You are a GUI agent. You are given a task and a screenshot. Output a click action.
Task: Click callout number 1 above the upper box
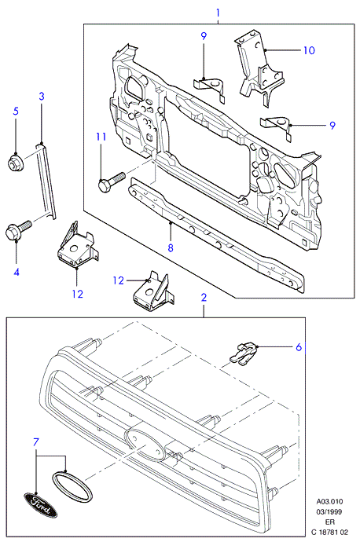219,13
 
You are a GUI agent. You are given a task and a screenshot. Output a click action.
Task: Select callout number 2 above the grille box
204,297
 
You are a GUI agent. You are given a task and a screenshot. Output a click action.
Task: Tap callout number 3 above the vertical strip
42,96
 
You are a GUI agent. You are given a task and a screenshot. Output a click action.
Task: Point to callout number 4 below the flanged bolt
17,272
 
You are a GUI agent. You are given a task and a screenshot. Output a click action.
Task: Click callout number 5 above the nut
16,112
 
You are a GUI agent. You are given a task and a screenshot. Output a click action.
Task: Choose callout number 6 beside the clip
299,346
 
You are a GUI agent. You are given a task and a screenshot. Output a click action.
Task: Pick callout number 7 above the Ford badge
36,442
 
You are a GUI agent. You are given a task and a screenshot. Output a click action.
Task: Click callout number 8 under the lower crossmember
170,248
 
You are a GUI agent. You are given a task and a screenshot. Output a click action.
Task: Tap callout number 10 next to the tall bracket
309,50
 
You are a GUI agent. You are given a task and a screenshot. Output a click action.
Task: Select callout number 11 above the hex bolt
101,137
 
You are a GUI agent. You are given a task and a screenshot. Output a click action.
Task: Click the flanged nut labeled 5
14,162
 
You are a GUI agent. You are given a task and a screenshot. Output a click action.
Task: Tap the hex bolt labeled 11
111,181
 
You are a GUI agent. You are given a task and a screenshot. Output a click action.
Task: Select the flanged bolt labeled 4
18,229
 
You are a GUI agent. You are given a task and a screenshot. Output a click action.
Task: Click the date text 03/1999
329,511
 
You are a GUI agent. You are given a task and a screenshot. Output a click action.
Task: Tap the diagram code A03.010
329,502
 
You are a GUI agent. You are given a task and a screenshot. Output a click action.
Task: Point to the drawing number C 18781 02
329,532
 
